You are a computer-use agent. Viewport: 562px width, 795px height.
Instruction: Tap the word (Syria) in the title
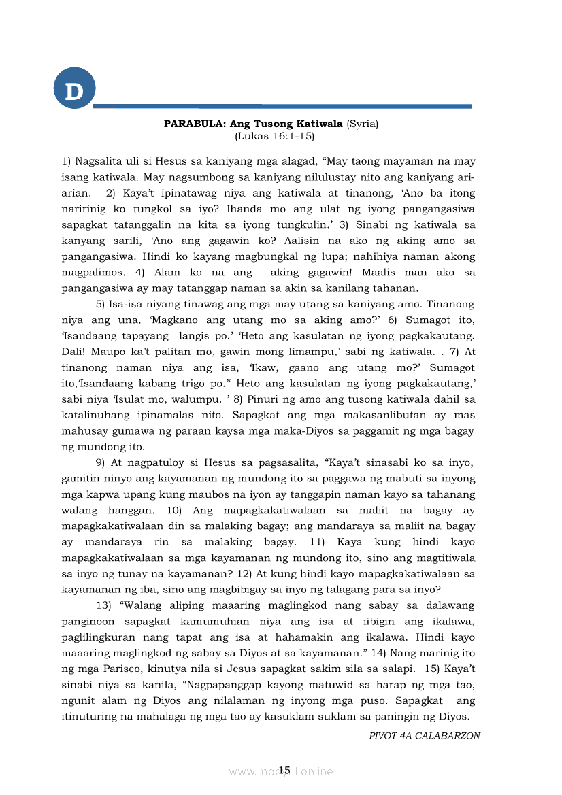click(362, 124)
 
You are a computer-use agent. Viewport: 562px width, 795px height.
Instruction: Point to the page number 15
click(284, 769)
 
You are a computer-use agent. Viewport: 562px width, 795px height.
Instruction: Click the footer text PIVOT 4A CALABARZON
click(425, 735)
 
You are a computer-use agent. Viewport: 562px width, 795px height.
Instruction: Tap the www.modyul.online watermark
click(280, 771)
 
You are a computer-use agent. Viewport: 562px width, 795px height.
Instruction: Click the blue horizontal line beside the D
click(282, 106)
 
